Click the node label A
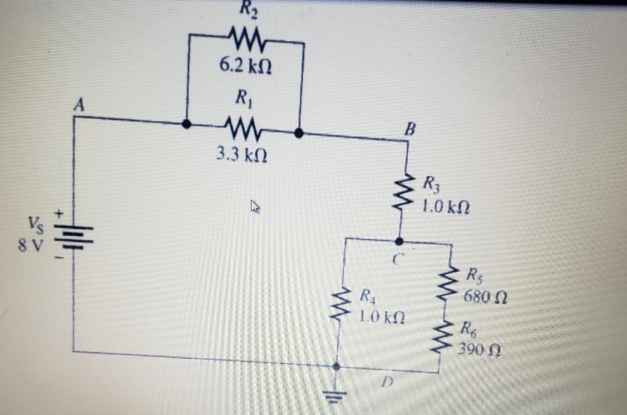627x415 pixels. click(78, 105)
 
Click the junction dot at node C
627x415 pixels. click(399, 241)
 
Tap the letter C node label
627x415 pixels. click(396, 260)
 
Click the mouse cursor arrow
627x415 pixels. click(254, 207)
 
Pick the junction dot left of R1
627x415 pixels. click(187, 124)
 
